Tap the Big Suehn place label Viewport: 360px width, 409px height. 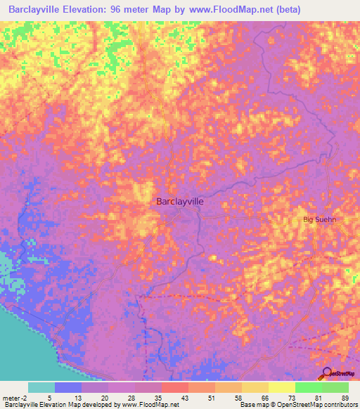(x=319, y=220)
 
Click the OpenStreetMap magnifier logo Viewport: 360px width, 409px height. (x=328, y=373)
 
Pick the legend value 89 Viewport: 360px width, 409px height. (x=344, y=397)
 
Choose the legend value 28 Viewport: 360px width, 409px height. (x=130, y=397)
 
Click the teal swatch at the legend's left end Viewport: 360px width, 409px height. (x=41, y=387)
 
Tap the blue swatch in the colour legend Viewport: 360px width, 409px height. (x=68, y=387)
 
